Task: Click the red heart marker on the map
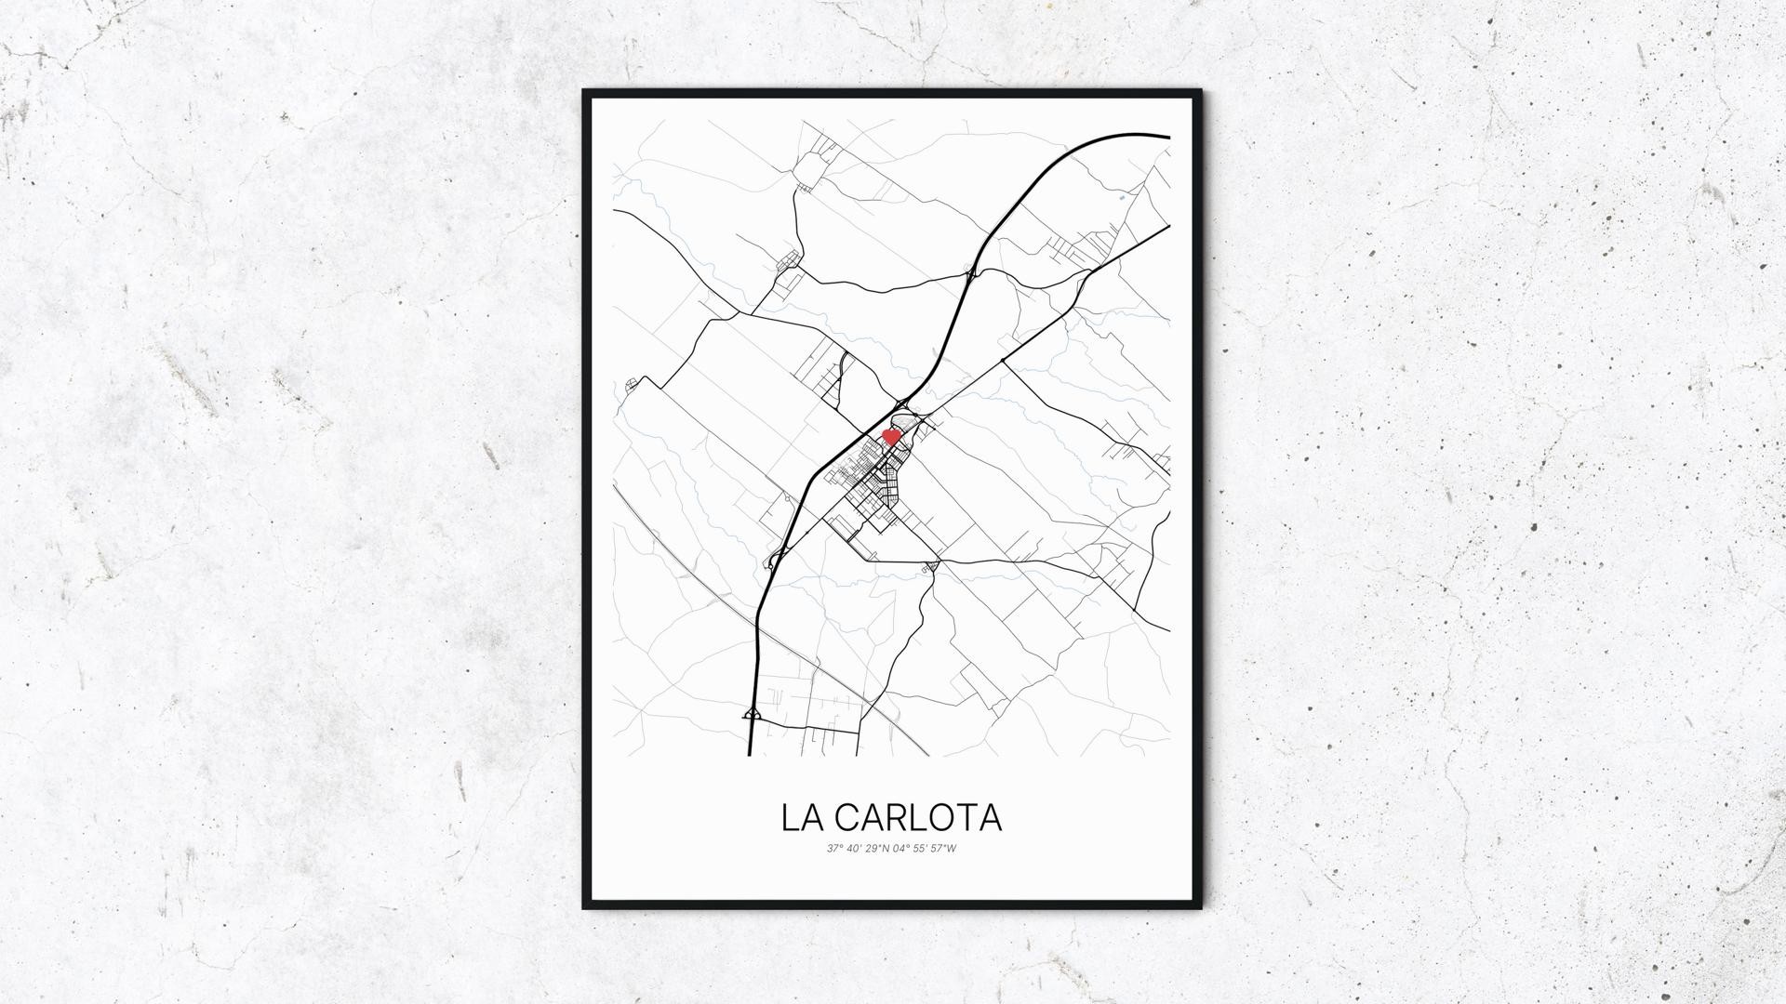tap(890, 436)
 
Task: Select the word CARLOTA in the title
tap(917, 817)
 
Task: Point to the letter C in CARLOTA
tap(846, 817)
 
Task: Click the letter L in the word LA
tap(791, 817)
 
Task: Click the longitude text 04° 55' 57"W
tap(925, 848)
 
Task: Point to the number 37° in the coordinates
tap(833, 848)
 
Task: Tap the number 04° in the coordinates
tap(900, 848)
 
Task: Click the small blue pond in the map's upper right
tap(1122, 198)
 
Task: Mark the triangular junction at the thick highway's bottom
tap(752, 714)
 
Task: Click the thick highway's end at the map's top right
tap(1166, 137)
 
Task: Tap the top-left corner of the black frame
tap(585, 92)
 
